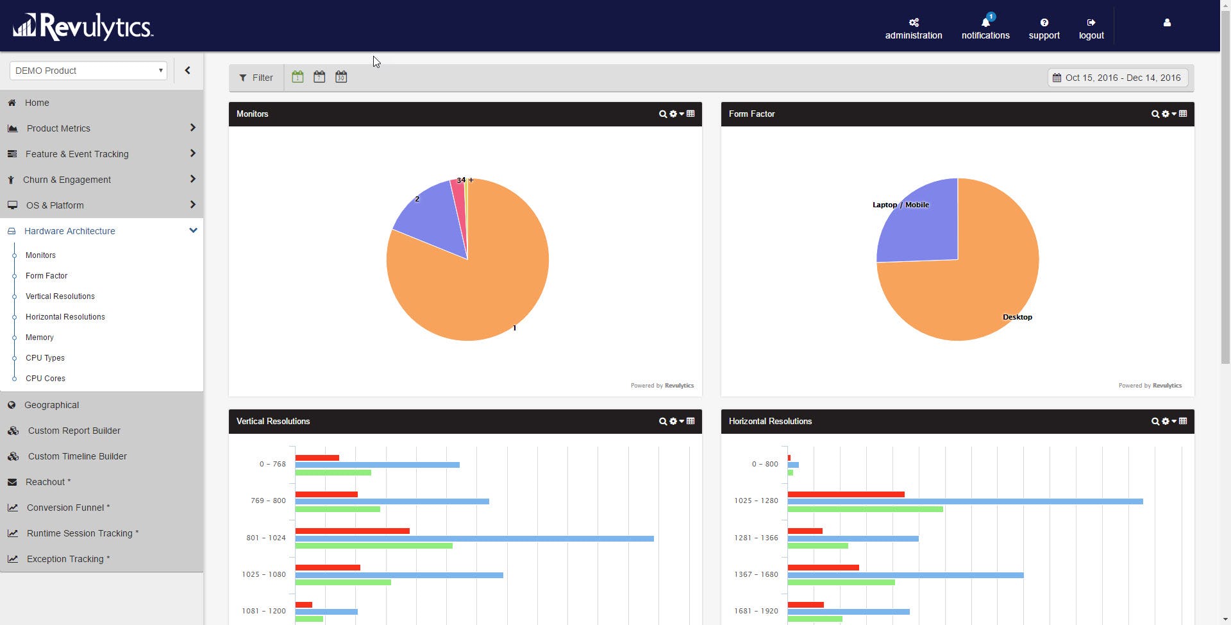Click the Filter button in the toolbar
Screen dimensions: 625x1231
coord(256,78)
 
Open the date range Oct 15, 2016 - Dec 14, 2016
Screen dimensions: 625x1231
coord(1118,78)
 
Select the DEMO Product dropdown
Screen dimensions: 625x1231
coord(88,71)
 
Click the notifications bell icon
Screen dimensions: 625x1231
coord(985,23)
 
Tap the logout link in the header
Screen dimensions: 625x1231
coord(1091,29)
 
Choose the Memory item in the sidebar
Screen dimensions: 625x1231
coord(40,338)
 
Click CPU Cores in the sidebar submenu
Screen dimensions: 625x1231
coord(46,379)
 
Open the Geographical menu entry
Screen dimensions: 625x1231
coord(51,405)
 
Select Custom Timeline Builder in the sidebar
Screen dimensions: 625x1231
coord(77,456)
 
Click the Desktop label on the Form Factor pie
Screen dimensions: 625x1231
coord(1017,317)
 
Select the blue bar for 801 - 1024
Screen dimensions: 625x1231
coord(474,538)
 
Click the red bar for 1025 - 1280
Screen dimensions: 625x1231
coord(846,494)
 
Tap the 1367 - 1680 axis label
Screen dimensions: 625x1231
coord(756,574)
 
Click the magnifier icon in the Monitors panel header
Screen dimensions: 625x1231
coord(662,114)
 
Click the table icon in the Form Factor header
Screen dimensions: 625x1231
coord(1183,114)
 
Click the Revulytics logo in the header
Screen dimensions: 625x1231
coord(83,27)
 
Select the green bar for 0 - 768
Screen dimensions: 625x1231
coord(333,472)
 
